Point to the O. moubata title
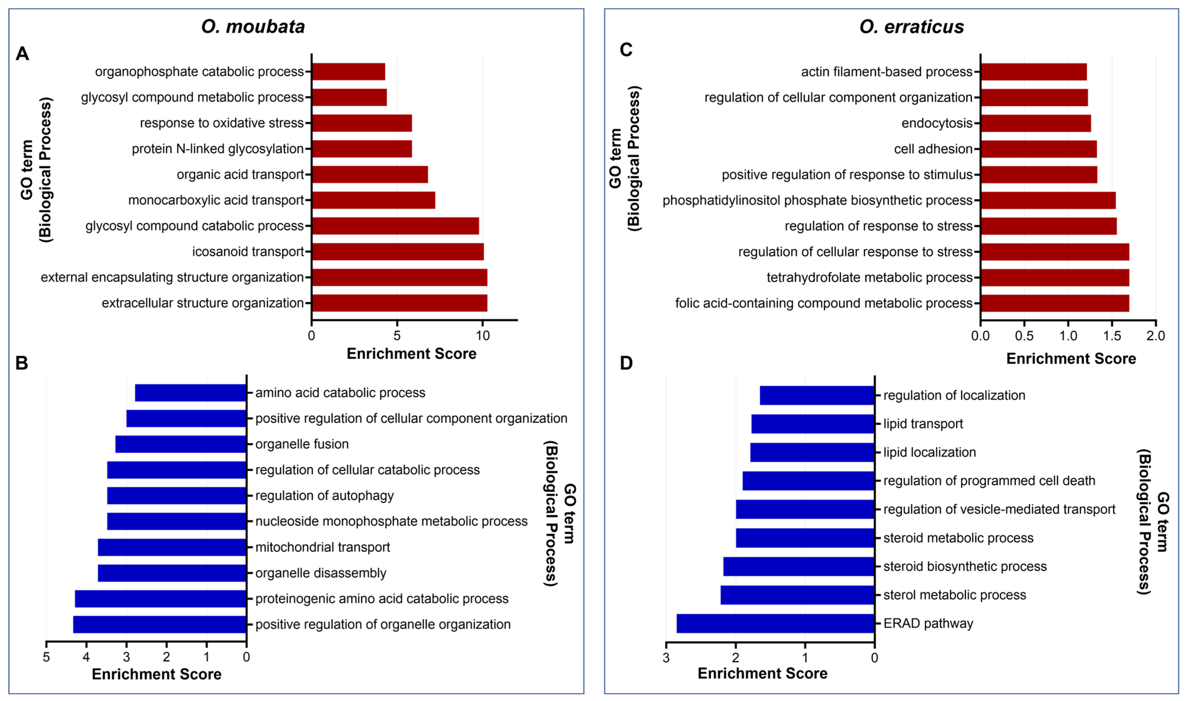pos(253,27)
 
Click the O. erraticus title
pos(911,27)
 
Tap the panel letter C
pos(626,50)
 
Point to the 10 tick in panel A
pos(482,336)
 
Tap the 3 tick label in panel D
pos(666,658)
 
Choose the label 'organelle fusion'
pos(302,444)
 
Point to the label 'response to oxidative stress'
pos(222,123)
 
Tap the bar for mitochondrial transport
pos(172,547)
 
